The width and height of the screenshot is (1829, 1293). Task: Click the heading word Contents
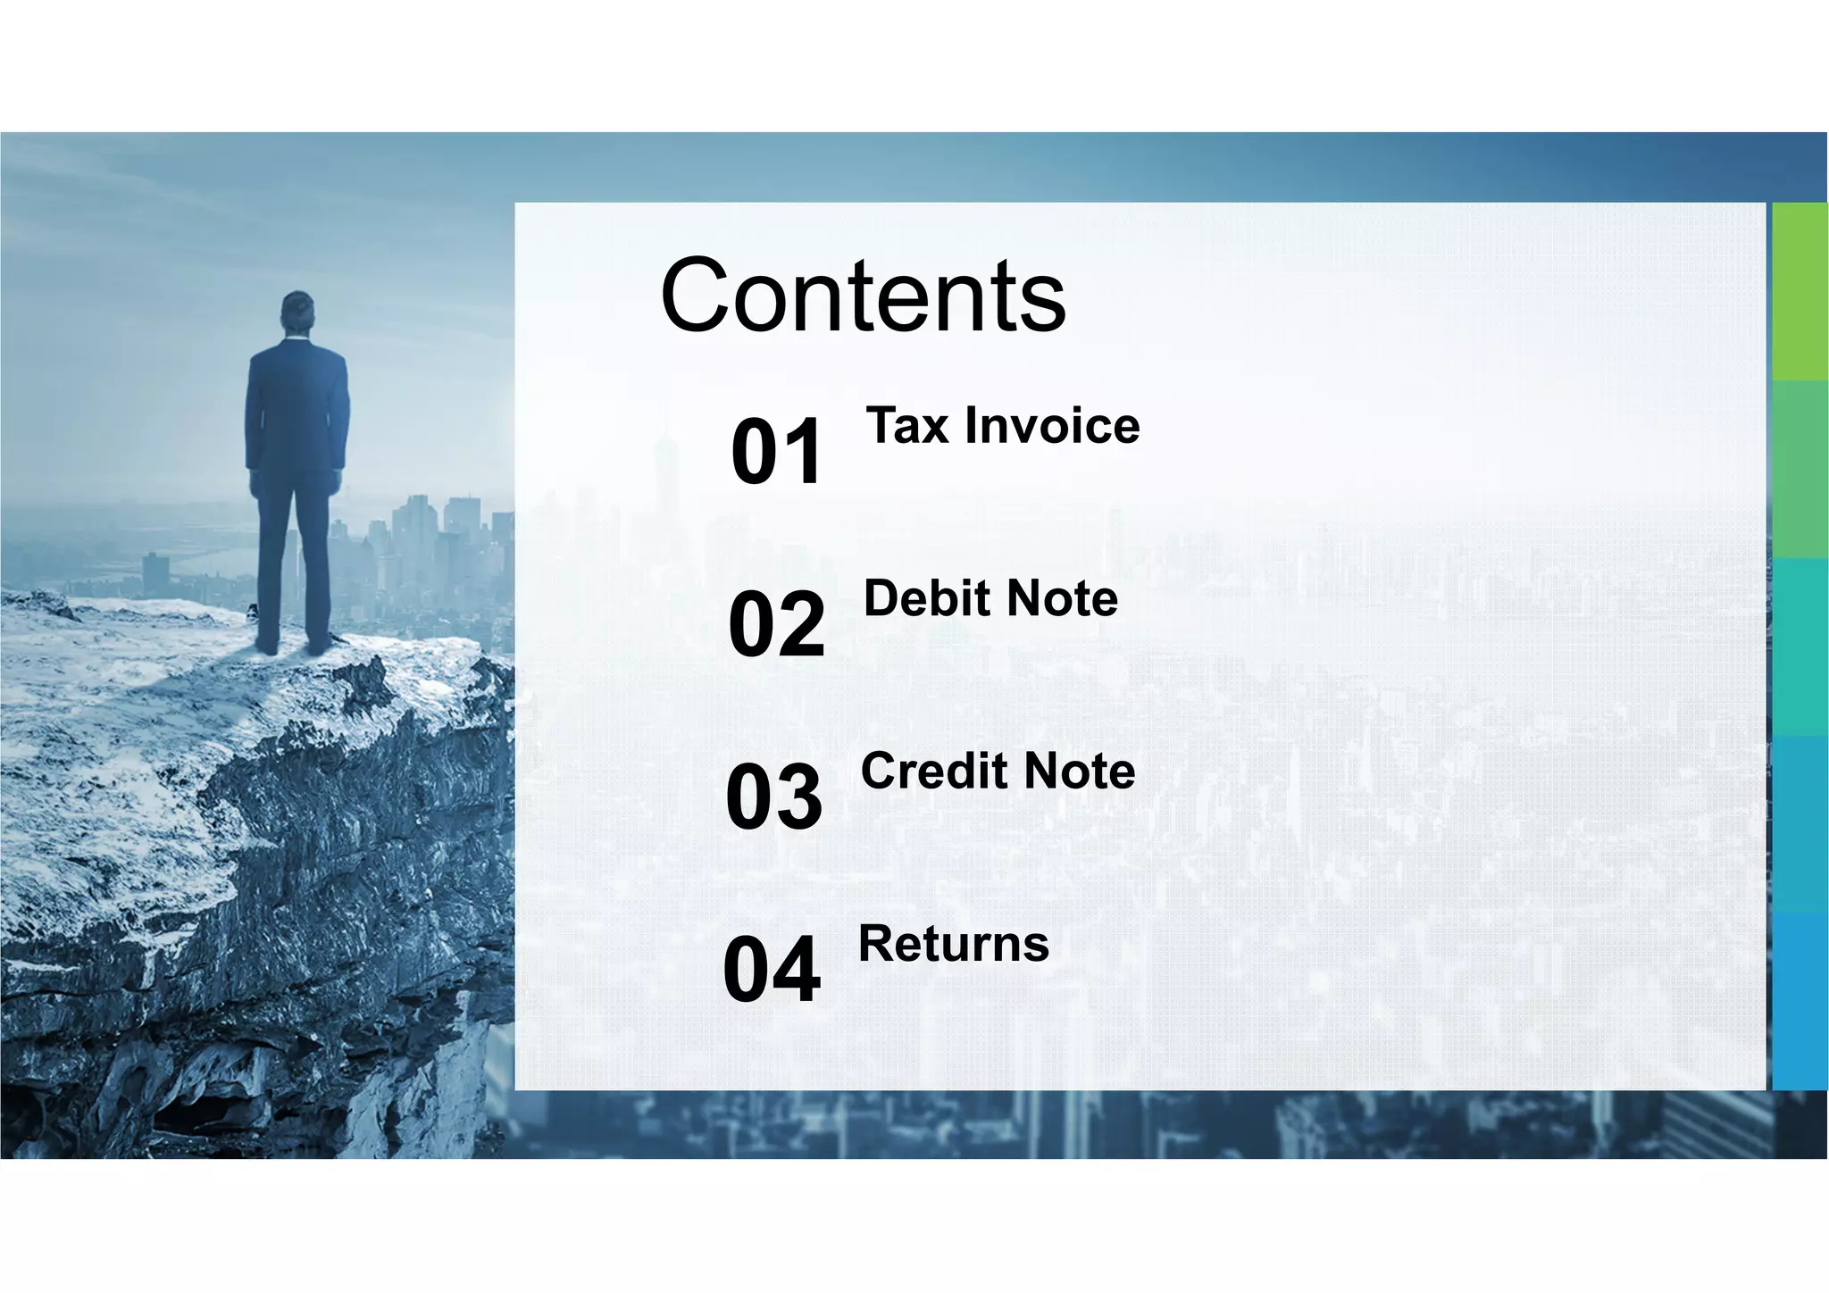863,296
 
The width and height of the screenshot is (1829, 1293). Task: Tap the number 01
776,452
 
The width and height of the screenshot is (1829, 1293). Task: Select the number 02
776,624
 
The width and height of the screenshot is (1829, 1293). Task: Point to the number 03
773,797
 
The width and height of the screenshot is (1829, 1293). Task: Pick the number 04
772,970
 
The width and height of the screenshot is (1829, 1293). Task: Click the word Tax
906,425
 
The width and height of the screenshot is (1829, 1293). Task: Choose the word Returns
953,944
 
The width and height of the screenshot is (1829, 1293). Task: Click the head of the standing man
297,313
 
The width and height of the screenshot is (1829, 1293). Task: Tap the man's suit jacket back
297,406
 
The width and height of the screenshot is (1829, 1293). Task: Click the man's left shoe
266,645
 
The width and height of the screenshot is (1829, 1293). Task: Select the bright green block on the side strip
1800,291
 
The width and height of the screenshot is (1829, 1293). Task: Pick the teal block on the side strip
1800,646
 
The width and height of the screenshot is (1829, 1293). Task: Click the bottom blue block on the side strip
1800,1000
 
